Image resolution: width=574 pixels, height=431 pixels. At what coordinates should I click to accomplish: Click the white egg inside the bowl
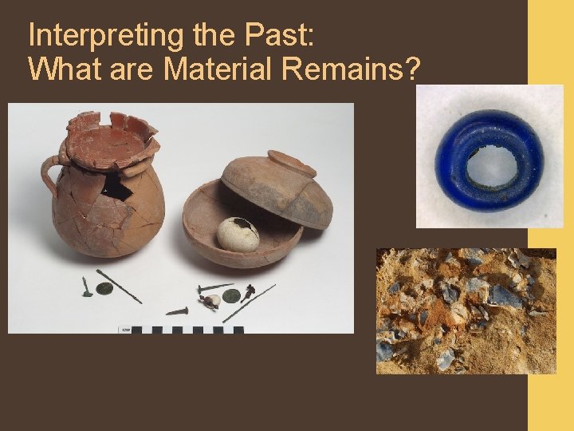click(x=238, y=234)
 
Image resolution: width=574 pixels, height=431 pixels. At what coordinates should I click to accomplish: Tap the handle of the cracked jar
click(x=49, y=171)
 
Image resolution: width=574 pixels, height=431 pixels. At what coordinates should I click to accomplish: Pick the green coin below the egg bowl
click(x=231, y=295)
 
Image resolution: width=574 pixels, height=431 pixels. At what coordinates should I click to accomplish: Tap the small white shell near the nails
click(x=212, y=301)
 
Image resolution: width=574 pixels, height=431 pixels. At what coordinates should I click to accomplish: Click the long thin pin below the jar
click(x=120, y=286)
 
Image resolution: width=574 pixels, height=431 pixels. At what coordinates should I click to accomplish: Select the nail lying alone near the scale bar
click(x=177, y=310)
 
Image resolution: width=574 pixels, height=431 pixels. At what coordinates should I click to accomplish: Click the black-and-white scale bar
click(x=183, y=329)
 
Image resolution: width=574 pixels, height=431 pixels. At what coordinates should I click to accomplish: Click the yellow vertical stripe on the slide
click(x=550, y=239)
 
